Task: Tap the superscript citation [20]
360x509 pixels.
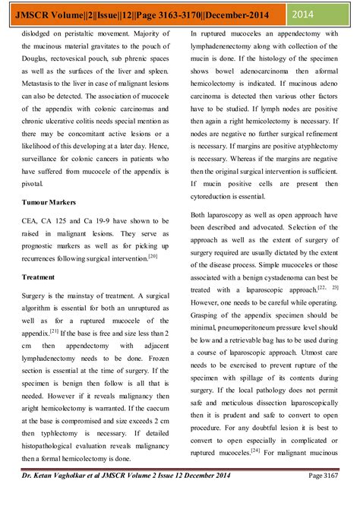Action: [153, 257]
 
